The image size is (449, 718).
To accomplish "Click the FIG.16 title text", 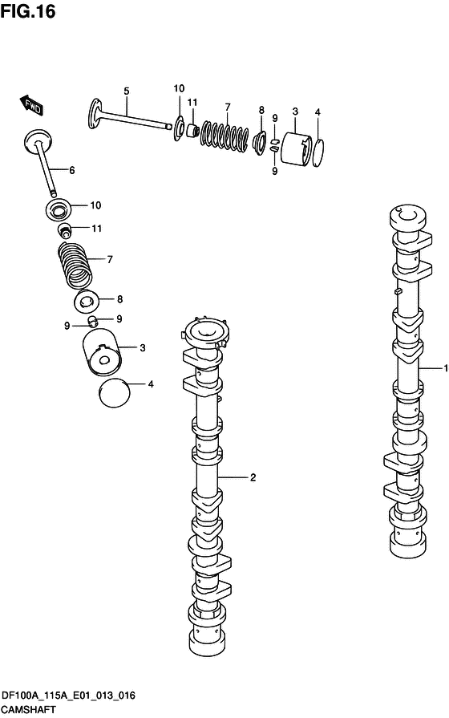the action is pos(28,11).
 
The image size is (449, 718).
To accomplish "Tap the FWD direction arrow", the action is pos(31,106).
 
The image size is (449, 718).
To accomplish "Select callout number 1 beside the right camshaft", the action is pos(445,367).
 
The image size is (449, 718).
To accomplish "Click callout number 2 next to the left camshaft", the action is pos(253,477).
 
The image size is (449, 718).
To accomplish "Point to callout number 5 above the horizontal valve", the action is pos(127,91).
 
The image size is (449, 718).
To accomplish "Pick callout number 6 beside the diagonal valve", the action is pos(72,170).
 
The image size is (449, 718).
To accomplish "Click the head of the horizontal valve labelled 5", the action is pos(95,113).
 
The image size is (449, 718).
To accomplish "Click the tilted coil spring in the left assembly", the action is pos(75,266).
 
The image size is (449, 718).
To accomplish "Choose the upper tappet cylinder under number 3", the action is pos(296,148).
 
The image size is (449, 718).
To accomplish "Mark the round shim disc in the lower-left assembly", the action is pos(115,393).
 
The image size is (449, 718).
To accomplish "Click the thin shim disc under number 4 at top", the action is pos(319,153).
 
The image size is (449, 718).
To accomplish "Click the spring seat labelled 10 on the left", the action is pos(59,209).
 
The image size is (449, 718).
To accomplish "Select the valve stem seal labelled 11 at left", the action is pos(66,230).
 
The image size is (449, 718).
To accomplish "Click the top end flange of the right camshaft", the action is pos(407,217).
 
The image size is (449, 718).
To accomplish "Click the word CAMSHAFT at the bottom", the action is pos(28,710).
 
